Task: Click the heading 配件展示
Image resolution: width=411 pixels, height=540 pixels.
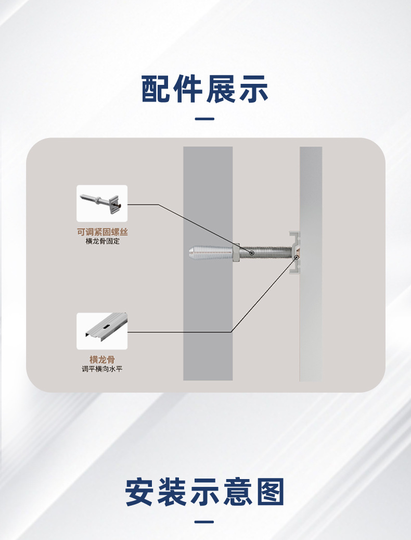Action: [205, 89]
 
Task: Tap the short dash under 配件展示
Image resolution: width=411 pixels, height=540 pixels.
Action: [204, 119]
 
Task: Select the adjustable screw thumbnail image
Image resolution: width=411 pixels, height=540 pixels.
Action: [102, 203]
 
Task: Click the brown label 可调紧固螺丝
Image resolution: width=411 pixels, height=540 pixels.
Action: [102, 232]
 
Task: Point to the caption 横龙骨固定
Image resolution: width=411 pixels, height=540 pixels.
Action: [102, 242]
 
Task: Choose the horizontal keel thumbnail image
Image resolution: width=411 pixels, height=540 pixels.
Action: [102, 331]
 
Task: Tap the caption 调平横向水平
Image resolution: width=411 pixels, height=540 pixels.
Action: [102, 369]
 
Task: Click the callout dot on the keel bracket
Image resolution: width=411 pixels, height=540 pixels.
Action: [296, 256]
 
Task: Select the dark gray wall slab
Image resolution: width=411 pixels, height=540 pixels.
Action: [208, 323]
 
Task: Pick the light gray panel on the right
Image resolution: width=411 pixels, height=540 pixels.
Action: [311, 323]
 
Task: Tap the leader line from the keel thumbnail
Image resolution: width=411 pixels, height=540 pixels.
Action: [177, 332]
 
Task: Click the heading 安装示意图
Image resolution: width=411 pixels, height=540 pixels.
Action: [205, 492]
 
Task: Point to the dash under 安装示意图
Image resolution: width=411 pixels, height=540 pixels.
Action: [204, 522]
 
